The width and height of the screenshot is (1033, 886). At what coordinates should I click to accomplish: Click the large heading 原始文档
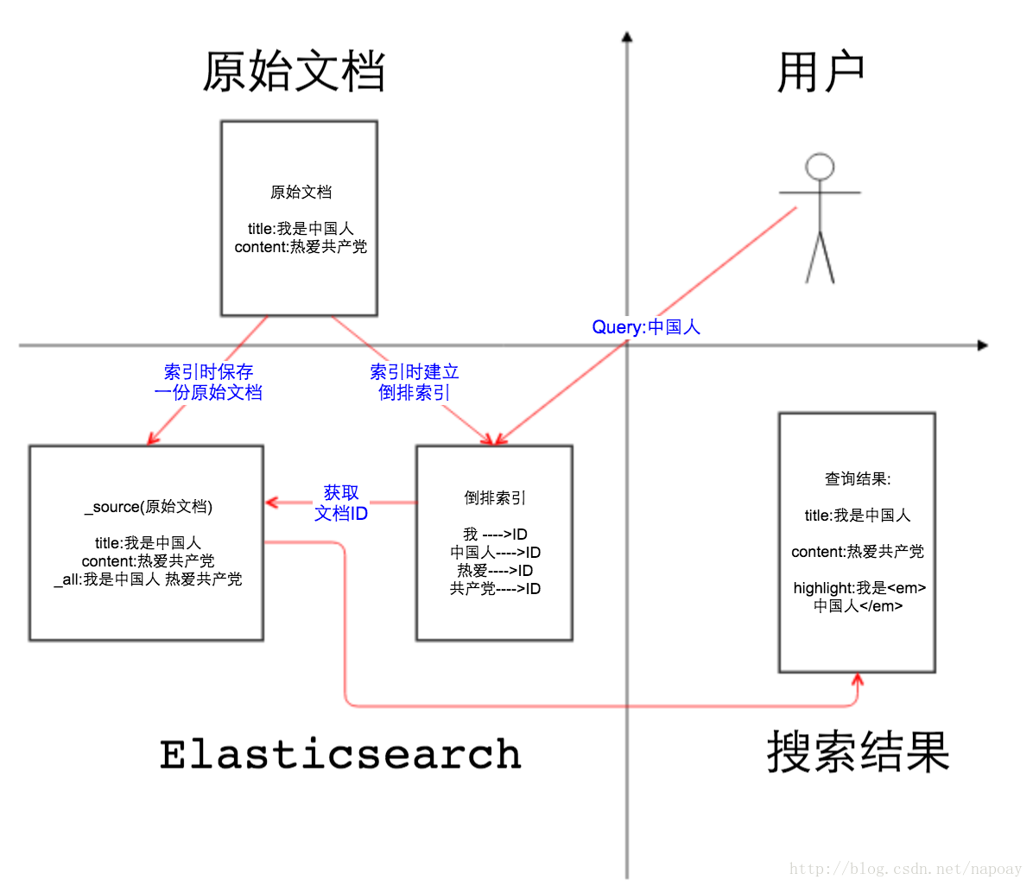pyautogui.click(x=294, y=73)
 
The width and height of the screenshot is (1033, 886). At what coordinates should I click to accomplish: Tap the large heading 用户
pyautogui.click(x=820, y=73)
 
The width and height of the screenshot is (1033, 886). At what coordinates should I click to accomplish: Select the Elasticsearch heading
pyautogui.click(x=340, y=754)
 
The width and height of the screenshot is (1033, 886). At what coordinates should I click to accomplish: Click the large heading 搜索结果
pyautogui.click(x=858, y=752)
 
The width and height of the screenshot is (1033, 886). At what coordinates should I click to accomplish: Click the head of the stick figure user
pyautogui.click(x=819, y=167)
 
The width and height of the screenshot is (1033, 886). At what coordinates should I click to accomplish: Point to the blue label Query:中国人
pyautogui.click(x=646, y=327)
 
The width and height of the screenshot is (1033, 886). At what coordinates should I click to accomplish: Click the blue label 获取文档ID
pyautogui.click(x=341, y=503)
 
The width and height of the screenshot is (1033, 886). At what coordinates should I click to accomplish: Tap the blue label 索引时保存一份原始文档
pyautogui.click(x=208, y=382)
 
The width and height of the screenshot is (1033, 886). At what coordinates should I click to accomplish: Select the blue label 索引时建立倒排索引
pyautogui.click(x=415, y=382)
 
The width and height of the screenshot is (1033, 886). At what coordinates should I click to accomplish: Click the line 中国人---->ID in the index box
pyautogui.click(x=495, y=553)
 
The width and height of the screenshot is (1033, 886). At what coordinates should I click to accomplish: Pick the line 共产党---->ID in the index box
pyautogui.click(x=495, y=589)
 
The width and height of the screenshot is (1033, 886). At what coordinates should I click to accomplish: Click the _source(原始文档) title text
pyautogui.click(x=149, y=507)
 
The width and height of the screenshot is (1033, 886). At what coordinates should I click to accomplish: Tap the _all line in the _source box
pyautogui.click(x=148, y=579)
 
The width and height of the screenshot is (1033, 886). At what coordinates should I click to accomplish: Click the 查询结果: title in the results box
pyautogui.click(x=858, y=479)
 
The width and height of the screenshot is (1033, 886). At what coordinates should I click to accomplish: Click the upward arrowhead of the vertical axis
pyautogui.click(x=627, y=37)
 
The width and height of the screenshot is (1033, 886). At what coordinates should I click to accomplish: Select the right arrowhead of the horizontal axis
pyautogui.click(x=982, y=345)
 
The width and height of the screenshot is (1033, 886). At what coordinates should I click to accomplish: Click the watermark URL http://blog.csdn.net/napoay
pyautogui.click(x=905, y=870)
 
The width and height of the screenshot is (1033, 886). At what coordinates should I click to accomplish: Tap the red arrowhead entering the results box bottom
pyautogui.click(x=857, y=680)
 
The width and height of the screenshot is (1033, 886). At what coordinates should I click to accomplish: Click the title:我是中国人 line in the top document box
pyautogui.click(x=301, y=229)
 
